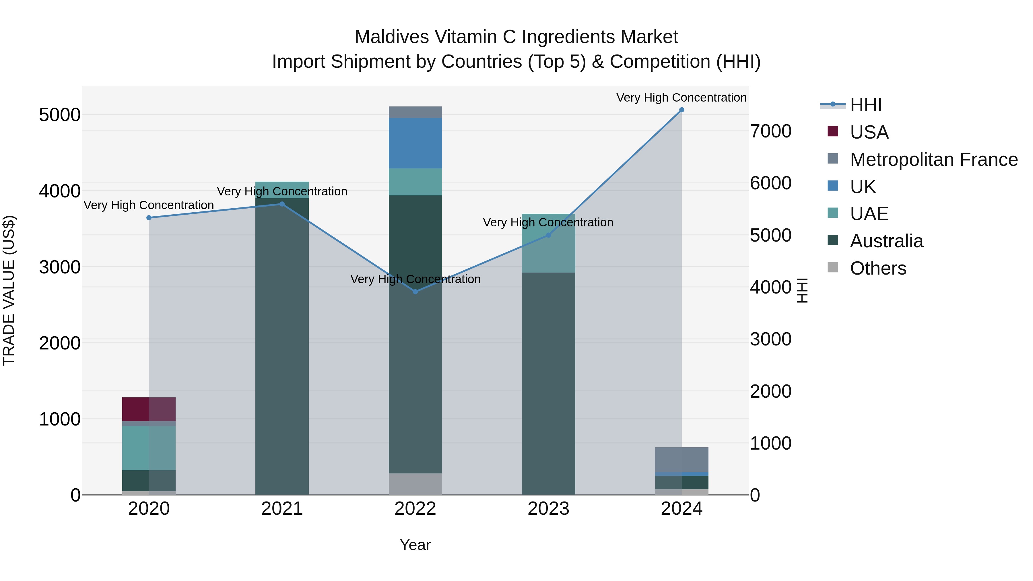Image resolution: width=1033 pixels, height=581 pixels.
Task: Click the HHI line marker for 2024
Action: click(x=681, y=110)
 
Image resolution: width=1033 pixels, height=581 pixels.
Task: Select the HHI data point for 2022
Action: click(x=415, y=292)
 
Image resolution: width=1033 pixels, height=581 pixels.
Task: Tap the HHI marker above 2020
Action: click(x=149, y=218)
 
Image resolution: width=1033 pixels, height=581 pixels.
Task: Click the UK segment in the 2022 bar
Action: click(x=415, y=143)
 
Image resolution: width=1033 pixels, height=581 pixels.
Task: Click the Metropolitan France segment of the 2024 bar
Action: click(x=681, y=460)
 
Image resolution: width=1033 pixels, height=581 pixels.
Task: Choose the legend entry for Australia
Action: click(x=886, y=241)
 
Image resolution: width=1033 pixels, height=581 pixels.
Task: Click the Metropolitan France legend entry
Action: click(x=933, y=160)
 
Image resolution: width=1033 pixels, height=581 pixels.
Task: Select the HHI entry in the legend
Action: click(x=865, y=105)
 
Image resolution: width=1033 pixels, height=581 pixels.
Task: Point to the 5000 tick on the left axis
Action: click(x=59, y=115)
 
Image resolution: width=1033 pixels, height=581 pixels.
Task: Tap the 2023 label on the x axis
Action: click(x=548, y=509)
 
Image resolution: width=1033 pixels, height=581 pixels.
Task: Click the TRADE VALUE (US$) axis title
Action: click(x=9, y=290)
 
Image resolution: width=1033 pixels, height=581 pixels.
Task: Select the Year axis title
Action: click(x=415, y=545)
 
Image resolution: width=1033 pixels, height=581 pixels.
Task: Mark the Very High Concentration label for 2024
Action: click(x=681, y=98)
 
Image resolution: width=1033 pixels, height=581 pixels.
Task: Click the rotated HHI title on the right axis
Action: click(x=802, y=290)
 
